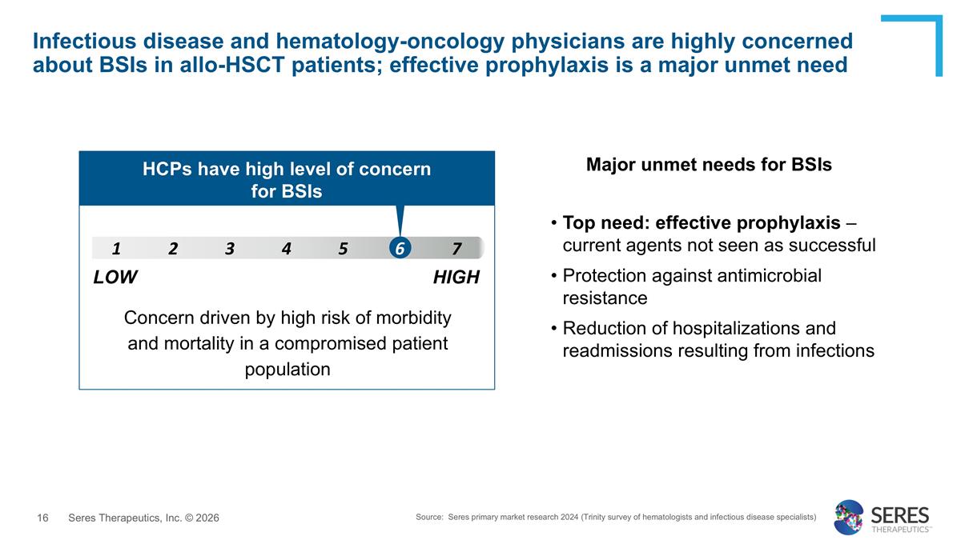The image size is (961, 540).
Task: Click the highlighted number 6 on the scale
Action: tap(399, 248)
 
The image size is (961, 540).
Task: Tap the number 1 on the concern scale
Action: tap(116, 248)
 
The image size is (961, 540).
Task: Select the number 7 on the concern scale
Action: tap(456, 248)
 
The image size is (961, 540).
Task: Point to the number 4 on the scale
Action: tap(286, 248)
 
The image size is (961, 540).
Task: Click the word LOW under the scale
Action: tap(115, 278)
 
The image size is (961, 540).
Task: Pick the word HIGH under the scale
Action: tap(456, 278)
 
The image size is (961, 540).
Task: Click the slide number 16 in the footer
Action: tap(43, 518)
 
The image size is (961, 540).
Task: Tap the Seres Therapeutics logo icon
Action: tap(849, 517)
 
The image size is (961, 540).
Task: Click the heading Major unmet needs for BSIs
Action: tap(709, 165)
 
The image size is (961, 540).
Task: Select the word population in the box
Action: tap(287, 369)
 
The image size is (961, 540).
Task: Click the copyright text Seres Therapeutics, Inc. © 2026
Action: tap(143, 518)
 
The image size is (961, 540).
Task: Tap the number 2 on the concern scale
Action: tap(173, 248)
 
